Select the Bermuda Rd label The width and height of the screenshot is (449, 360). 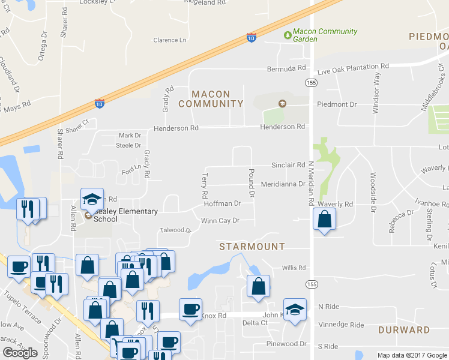click(x=287, y=69)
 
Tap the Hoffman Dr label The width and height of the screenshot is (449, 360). click(x=222, y=203)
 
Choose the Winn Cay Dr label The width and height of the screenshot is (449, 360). click(x=220, y=221)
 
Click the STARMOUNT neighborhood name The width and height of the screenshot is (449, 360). click(x=252, y=247)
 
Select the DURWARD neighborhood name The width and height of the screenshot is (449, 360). click(x=404, y=330)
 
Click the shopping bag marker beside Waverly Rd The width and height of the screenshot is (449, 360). click(x=324, y=220)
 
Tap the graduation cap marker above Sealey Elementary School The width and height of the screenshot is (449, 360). click(x=92, y=199)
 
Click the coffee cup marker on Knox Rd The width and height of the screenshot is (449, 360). click(x=191, y=310)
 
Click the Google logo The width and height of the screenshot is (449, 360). click(x=20, y=353)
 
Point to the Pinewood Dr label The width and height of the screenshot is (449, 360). click(x=287, y=344)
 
